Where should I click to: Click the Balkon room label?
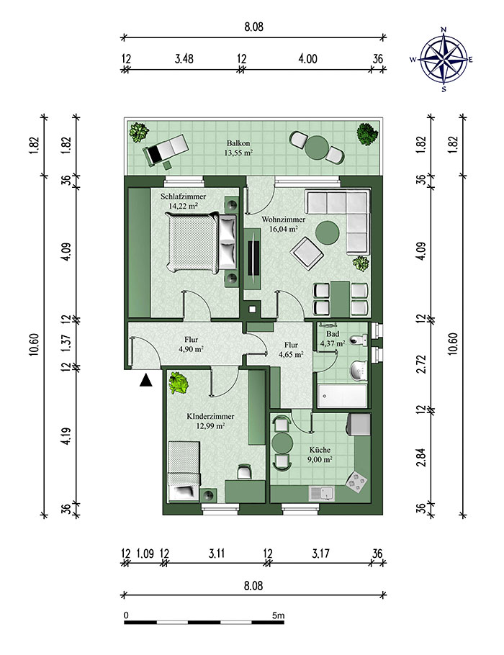[238, 148]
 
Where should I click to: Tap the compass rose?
[444, 59]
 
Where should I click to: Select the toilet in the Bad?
[358, 340]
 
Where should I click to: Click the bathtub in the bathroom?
[342, 396]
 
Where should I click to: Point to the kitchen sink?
[322, 494]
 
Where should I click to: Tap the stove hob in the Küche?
[357, 481]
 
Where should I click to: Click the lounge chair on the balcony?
[165, 149]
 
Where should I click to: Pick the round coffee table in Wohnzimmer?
[327, 232]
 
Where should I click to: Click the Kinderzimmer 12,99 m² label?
[210, 421]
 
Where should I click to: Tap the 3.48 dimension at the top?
[184, 59]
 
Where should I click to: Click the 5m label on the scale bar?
[279, 615]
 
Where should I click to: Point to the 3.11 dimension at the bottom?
[217, 554]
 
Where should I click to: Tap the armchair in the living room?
[307, 253]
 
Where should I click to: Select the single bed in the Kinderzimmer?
[184, 471]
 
